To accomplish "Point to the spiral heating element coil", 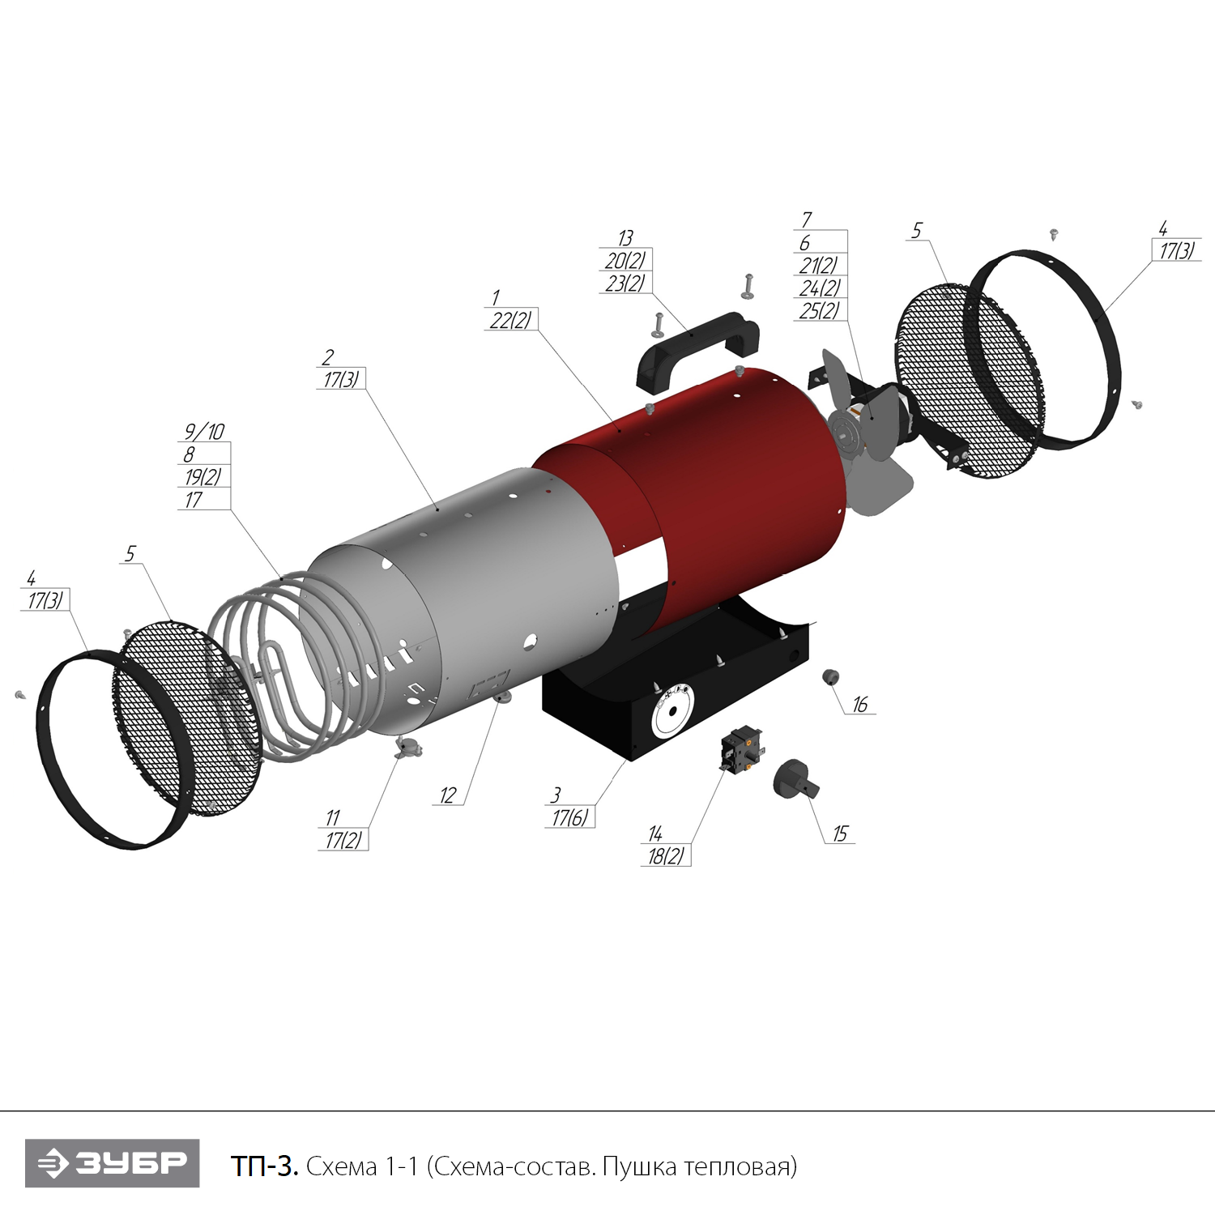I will (267, 664).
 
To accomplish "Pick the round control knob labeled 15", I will (794, 778).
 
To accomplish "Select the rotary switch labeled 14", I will (741, 749).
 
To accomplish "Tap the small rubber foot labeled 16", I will (830, 676).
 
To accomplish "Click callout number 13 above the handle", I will (625, 238).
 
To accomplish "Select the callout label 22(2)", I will (510, 321).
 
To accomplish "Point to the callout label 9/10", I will (204, 432).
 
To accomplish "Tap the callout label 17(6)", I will (570, 818).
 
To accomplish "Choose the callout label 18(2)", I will (666, 856).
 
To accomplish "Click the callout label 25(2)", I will (819, 311).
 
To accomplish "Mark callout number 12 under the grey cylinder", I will (448, 796).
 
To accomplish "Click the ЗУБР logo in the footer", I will (113, 1163).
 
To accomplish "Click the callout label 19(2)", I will (202, 477).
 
